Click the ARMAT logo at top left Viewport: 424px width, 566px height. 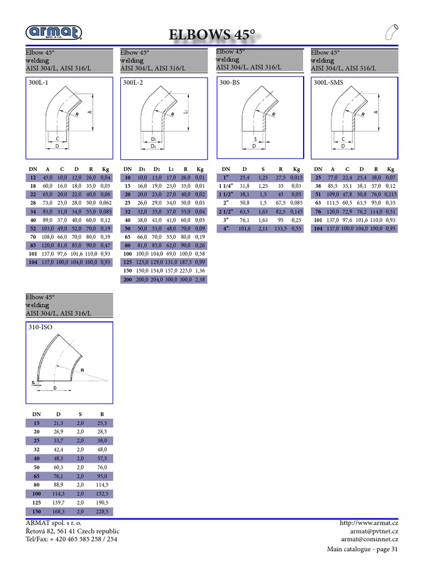click(54, 33)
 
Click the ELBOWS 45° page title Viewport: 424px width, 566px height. click(213, 35)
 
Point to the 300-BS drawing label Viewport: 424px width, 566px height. click(229, 83)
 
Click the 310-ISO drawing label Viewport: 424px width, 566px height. click(39, 327)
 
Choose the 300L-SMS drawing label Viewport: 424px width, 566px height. click(328, 83)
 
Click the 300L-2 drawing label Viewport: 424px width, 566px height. click(133, 83)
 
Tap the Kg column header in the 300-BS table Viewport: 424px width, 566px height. click(296, 169)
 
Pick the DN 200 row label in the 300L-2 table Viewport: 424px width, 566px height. click(128, 280)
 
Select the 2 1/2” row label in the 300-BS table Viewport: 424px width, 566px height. click(226, 212)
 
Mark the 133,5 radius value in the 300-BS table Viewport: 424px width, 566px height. click(280, 228)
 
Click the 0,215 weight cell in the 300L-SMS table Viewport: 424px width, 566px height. click(390, 195)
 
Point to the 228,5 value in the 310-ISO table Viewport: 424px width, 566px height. click(102, 512)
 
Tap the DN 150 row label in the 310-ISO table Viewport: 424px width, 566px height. click(36, 512)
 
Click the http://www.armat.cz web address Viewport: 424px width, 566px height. click(369, 523)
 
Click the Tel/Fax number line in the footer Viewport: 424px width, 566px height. click(71, 539)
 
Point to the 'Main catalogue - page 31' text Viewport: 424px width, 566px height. click(363, 549)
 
